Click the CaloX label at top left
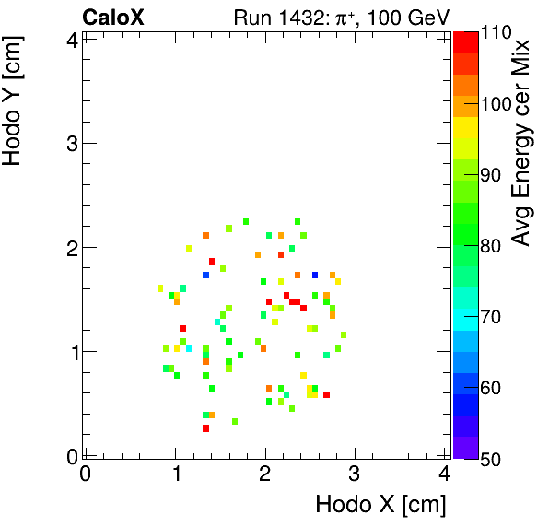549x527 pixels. [112, 17]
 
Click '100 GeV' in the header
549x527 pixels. [410, 18]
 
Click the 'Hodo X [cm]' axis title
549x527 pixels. [380, 505]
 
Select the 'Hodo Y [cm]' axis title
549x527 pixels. [13, 100]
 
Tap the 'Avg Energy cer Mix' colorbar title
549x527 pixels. [522, 143]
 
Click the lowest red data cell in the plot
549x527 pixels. [205, 428]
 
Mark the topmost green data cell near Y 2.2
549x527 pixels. [246, 221]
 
